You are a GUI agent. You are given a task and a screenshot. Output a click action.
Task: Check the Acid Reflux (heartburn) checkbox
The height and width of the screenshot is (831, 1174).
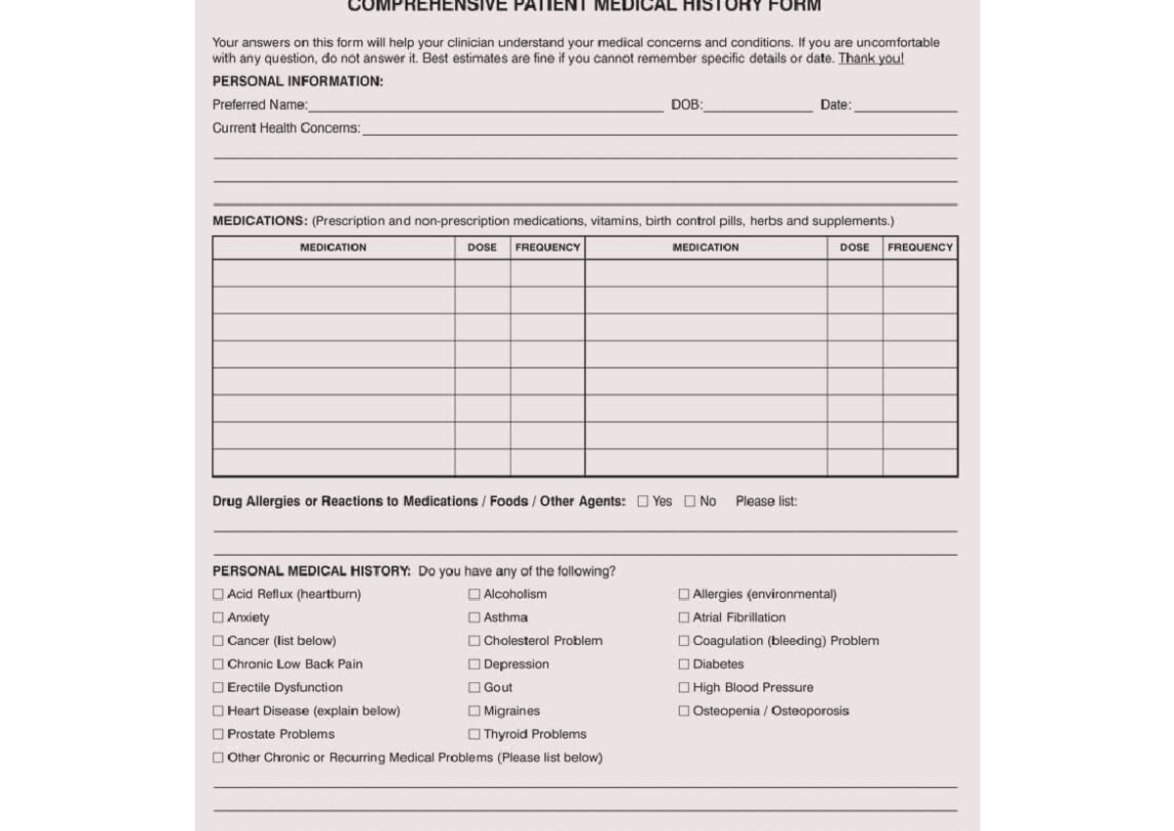tap(218, 594)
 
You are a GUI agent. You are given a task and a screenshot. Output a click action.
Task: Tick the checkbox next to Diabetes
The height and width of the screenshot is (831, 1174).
tap(684, 665)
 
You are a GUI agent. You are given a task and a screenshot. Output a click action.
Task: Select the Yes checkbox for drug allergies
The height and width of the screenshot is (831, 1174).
tap(643, 501)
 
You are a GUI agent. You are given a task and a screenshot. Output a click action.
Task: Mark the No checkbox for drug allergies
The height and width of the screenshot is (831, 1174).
tap(690, 501)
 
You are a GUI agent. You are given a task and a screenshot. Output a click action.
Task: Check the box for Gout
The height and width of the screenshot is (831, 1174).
tap(474, 688)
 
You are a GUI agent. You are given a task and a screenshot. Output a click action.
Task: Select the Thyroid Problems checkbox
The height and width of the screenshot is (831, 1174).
tap(474, 734)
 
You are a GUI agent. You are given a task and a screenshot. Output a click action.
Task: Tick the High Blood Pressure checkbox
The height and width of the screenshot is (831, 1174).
tap(684, 688)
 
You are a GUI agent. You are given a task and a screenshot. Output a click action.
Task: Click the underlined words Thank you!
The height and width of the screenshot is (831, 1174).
tap(871, 59)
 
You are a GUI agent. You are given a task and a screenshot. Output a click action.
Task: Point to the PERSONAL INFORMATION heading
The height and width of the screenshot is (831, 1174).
tap(297, 82)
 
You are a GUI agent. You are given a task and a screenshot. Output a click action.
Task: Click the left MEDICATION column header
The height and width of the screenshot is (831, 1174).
tap(333, 248)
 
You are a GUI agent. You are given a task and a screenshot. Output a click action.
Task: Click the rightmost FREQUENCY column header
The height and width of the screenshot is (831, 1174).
tap(920, 248)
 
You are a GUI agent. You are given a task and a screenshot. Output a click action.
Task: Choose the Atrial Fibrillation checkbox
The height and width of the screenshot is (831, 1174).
tap(684, 618)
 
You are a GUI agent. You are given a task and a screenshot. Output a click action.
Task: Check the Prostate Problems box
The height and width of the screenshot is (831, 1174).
tap(218, 734)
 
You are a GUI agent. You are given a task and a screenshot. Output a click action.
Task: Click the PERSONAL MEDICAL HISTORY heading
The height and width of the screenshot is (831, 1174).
tap(311, 572)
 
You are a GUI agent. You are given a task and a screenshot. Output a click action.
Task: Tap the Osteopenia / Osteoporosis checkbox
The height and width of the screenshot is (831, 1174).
tap(684, 712)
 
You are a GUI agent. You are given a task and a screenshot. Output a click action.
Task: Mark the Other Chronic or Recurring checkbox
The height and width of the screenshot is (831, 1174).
tap(218, 758)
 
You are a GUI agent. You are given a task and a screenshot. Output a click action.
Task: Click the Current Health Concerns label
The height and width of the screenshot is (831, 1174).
tap(286, 129)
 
